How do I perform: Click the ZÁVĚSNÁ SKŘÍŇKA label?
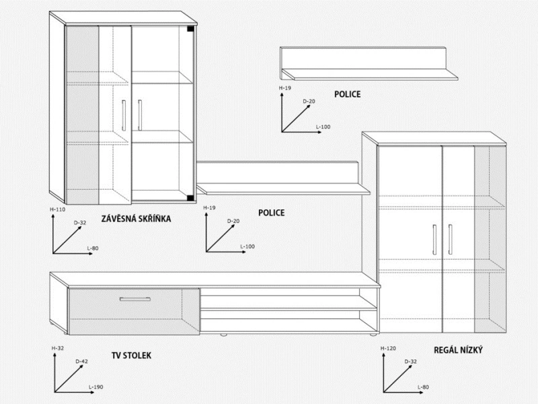pos(136,218)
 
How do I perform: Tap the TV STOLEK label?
pos(131,356)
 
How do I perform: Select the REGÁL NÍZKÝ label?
pos(458,350)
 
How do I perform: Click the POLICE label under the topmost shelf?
pos(347,94)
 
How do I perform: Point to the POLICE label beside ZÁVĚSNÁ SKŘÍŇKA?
pos(272,213)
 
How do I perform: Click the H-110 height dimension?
pos(57,209)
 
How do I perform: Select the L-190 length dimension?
pos(95,387)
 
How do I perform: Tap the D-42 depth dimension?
pos(81,362)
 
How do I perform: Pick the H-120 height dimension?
pos(388,348)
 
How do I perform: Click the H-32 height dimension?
pos(58,348)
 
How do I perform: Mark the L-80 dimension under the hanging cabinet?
pos(93,248)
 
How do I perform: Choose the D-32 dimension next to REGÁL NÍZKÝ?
pos(410,362)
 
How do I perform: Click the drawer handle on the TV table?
pos(135,299)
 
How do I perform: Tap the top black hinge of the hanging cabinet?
pos(190,29)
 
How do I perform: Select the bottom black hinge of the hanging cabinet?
pos(190,197)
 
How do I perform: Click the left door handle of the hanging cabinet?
pos(124,115)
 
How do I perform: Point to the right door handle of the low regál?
pos(450,240)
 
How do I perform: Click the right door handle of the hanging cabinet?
pos(140,115)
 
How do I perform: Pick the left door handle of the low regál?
pos(434,240)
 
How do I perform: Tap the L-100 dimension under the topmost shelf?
pos(323,127)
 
